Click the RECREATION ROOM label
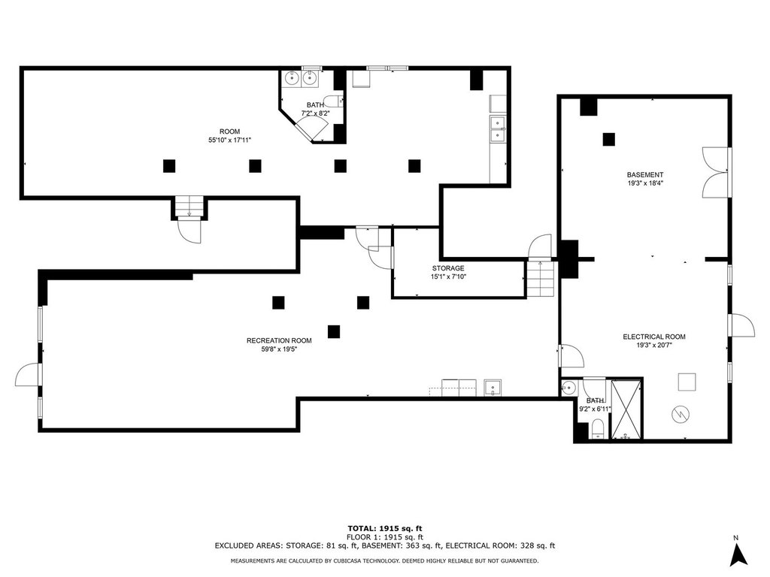(279, 340)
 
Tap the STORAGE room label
(448, 268)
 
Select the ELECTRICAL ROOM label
(654, 337)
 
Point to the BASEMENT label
(644, 174)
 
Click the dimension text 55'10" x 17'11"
(230, 140)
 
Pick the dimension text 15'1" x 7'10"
(448, 276)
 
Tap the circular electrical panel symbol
(681, 415)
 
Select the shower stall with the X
(626, 409)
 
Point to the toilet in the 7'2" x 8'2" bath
(333, 101)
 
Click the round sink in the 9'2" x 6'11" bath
(568, 388)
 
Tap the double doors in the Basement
(715, 172)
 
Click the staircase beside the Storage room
(541, 279)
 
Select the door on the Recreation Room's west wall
(28, 374)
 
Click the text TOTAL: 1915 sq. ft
(385, 528)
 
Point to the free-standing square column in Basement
(609, 139)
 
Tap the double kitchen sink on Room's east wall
(498, 128)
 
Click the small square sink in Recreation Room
(493, 388)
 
